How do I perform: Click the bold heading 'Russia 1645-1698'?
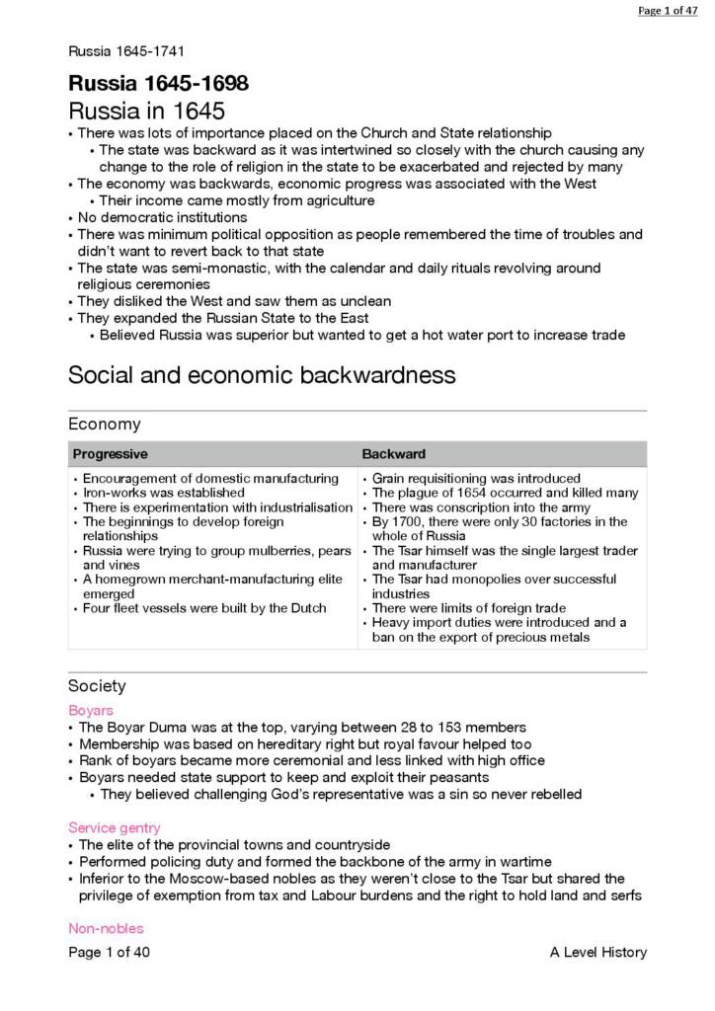pos(158,83)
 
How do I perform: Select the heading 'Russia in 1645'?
pos(146,111)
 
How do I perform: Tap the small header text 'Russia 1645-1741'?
pos(126,51)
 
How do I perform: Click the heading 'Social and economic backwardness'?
pos(262,375)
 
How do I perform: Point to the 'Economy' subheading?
pos(104,425)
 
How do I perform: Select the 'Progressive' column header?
pos(110,454)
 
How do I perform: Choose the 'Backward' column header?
pos(394,454)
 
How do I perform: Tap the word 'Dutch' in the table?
pos(306,608)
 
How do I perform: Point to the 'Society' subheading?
pos(97,686)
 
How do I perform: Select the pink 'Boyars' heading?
pos(91,710)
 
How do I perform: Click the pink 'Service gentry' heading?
pos(115,827)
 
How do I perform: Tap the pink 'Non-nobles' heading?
pos(106,928)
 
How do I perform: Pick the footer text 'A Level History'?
pos(598,952)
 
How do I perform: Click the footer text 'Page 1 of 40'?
pos(109,952)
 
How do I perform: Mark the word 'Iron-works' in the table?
pos(113,493)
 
